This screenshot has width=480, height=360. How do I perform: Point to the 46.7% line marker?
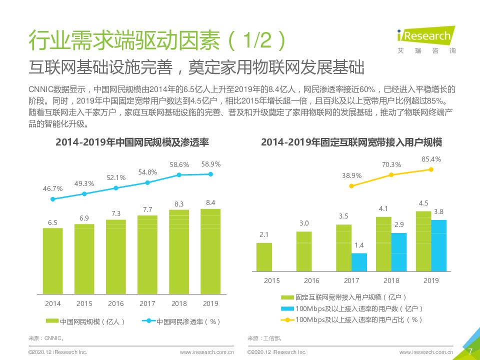point(53,199)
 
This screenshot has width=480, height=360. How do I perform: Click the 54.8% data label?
point(147,172)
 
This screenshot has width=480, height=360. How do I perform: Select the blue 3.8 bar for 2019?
point(438,245)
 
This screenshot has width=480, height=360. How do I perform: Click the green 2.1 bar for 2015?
point(264,257)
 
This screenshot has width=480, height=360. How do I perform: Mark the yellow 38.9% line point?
point(351,186)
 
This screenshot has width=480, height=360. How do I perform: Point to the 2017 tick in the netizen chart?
point(147,303)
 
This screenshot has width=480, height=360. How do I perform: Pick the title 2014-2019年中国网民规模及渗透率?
point(132,142)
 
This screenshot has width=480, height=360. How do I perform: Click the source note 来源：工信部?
point(260,338)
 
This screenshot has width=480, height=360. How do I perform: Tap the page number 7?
point(470,351)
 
